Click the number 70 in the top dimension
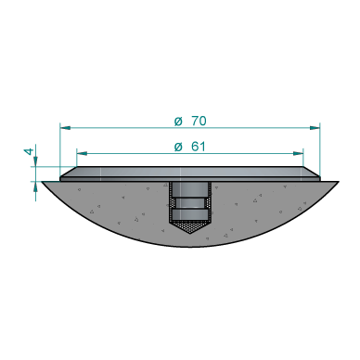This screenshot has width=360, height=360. point(198,121)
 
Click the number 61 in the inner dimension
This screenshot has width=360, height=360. point(198,146)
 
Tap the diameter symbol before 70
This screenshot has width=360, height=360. point(178,121)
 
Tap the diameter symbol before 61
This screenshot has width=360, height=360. point(178,146)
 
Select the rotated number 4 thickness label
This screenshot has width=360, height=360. point(28,150)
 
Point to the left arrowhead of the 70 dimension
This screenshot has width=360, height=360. point(64,127)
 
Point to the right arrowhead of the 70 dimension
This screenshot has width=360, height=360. point(315,127)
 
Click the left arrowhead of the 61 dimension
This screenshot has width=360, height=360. point(81,152)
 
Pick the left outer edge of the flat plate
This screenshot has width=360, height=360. point(61,174)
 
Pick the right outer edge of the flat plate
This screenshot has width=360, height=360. point(319,174)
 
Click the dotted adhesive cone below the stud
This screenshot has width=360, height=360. point(190,227)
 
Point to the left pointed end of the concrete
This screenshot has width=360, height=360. point(45,183)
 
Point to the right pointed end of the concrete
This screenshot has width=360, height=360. point(333,183)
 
